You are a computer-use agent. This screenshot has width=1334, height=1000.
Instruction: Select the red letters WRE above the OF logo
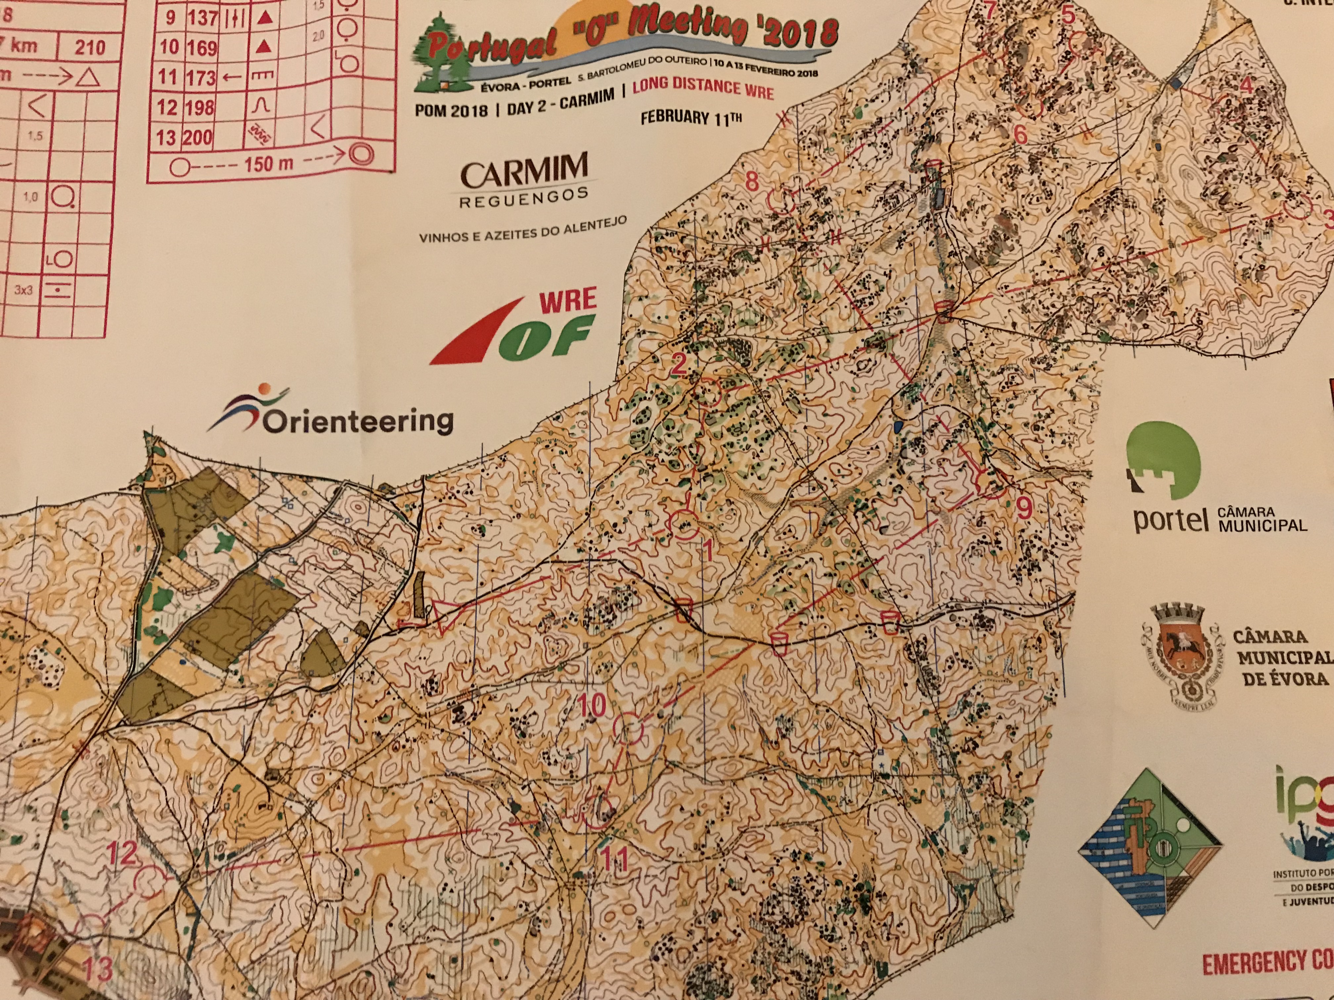pyautogui.click(x=567, y=301)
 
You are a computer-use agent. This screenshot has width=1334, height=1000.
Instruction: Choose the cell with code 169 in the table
pyautogui.click(x=201, y=48)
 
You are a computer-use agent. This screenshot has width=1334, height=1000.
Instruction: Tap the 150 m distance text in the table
pyautogui.click(x=267, y=163)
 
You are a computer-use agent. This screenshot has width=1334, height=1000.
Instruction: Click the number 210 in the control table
pyautogui.click(x=90, y=47)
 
